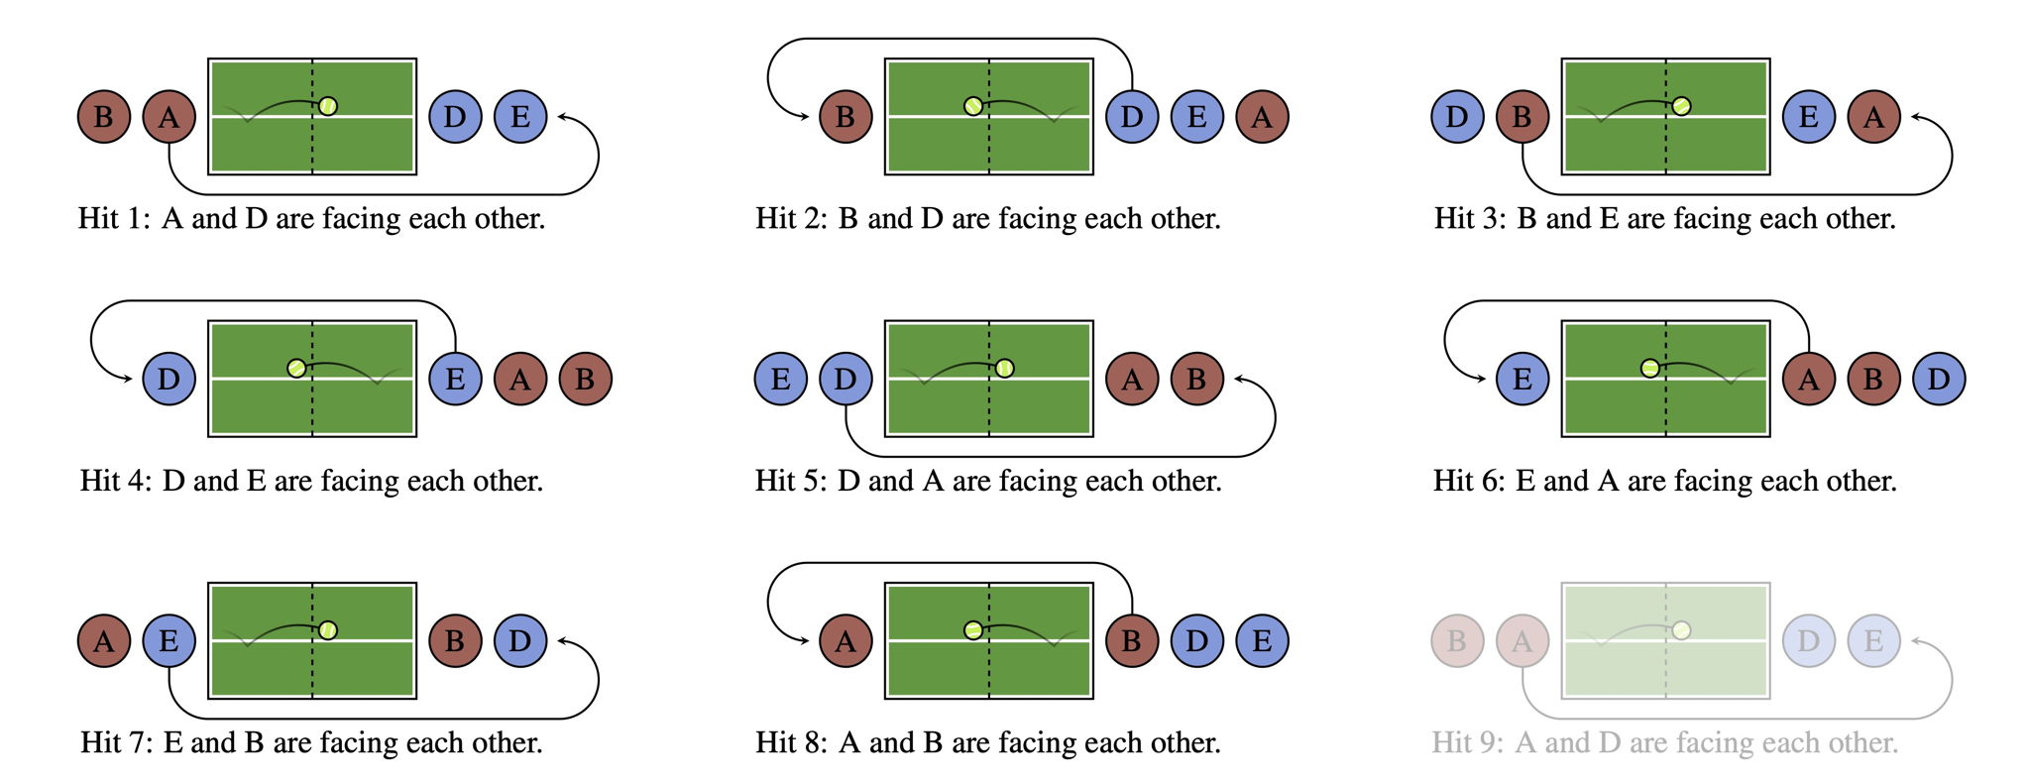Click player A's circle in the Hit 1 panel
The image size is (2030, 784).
click(x=169, y=117)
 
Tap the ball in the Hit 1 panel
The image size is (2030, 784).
click(x=328, y=105)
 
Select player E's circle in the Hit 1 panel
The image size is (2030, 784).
click(x=519, y=117)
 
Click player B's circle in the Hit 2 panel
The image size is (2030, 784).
click(x=845, y=117)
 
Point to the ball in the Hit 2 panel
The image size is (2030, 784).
click(x=973, y=105)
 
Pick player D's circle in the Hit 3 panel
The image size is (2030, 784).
click(x=1456, y=117)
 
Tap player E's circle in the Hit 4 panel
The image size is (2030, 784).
click(x=455, y=379)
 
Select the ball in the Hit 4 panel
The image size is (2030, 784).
click(x=296, y=368)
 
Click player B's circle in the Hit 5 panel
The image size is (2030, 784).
click(x=1196, y=379)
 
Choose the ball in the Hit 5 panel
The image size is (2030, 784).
click(x=1005, y=368)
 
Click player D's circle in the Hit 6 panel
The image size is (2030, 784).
click(x=1938, y=379)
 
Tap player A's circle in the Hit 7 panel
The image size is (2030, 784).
click(x=103, y=641)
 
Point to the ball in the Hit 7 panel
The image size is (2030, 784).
click(x=328, y=629)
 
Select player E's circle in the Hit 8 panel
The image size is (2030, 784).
click(x=1262, y=641)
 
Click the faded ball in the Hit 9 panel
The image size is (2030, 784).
click(x=1681, y=629)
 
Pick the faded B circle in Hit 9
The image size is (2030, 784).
click(x=1456, y=641)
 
